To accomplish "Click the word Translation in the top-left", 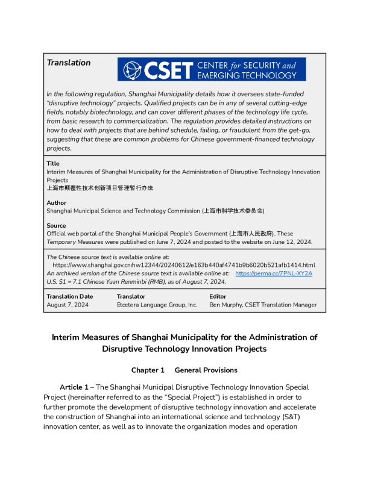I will pyautogui.click(x=69, y=63).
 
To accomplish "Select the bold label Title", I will pyautogui.click(x=53, y=164).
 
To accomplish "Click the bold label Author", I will pyautogui.click(x=57, y=203).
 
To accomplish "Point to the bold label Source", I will pyautogui.click(x=57, y=226).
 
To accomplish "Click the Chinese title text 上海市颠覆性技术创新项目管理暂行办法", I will pyautogui.click(x=99, y=188).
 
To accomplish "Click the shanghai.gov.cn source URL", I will pyautogui.click(x=184, y=265).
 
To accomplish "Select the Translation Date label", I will pyautogui.click(x=70, y=296).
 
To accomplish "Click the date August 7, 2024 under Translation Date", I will pyautogui.click(x=68, y=305).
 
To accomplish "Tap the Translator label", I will pyautogui.click(x=131, y=296).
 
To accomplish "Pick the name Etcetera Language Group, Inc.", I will pyautogui.click(x=157, y=305).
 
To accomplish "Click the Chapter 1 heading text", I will pyautogui.click(x=148, y=370).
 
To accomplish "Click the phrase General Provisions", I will pyautogui.click(x=206, y=370).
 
